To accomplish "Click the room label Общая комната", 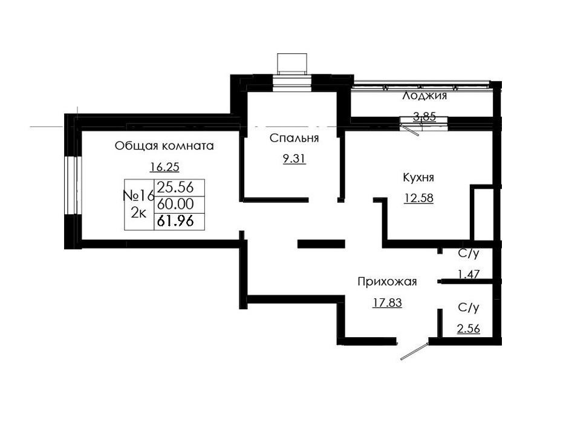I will tap(164, 146).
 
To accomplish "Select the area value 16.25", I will tap(164, 168).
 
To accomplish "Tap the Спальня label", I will tap(294, 139).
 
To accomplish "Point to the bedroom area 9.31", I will tap(294, 160).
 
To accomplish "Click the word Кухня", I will tap(418, 177).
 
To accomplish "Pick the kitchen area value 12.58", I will tap(418, 199).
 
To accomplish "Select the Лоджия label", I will tap(424, 96).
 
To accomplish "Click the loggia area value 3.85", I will tap(424, 117).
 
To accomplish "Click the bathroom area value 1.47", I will tap(468, 274).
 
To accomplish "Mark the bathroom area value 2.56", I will tap(468, 329).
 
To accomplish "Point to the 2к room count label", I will tap(138, 213).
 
